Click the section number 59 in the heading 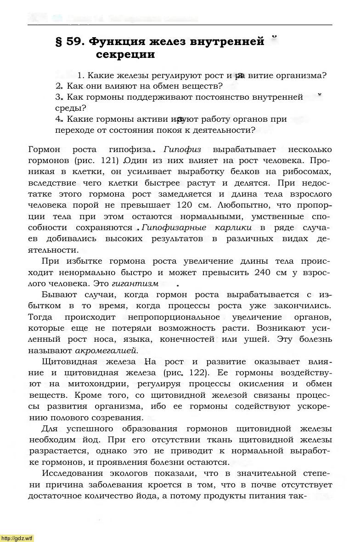pos(73,42)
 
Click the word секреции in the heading pos(125,55)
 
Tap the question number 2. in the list pos(59,86)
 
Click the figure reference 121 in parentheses pos(113,161)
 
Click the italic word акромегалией pos(112,350)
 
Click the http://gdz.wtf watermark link pos(17,538)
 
